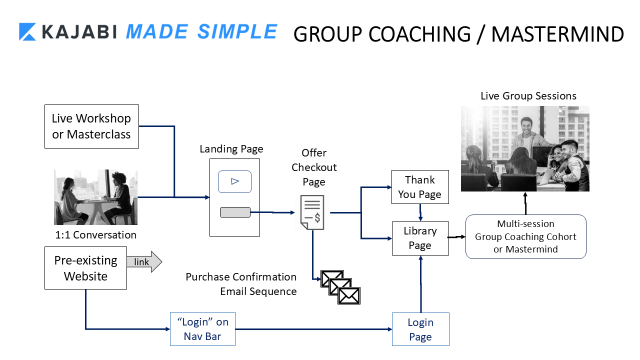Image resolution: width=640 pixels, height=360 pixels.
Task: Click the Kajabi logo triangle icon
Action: click(27, 31)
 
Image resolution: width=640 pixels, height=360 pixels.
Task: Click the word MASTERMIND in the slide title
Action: click(557, 34)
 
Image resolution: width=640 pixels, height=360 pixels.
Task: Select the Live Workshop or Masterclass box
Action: click(91, 126)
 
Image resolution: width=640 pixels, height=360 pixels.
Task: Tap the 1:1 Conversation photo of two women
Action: click(95, 197)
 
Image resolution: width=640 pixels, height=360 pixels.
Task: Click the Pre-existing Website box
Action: click(85, 268)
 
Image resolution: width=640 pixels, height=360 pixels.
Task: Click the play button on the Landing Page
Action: click(234, 182)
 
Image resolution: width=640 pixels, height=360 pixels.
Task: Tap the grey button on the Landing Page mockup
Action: click(235, 212)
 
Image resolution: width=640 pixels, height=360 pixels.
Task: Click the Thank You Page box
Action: click(420, 187)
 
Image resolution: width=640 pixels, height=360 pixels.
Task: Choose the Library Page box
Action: click(420, 238)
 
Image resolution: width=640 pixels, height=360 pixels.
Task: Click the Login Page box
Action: click(420, 329)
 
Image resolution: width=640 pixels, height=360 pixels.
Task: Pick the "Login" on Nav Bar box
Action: click(202, 329)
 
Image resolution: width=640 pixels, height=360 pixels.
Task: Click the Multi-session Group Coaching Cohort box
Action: click(525, 236)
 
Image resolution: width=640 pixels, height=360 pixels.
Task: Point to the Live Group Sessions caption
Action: click(528, 96)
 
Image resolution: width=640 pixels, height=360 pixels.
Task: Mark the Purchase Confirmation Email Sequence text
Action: click(241, 284)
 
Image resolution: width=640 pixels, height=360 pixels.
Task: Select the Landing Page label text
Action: click(231, 149)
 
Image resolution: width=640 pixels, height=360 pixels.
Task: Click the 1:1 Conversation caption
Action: click(95, 234)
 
